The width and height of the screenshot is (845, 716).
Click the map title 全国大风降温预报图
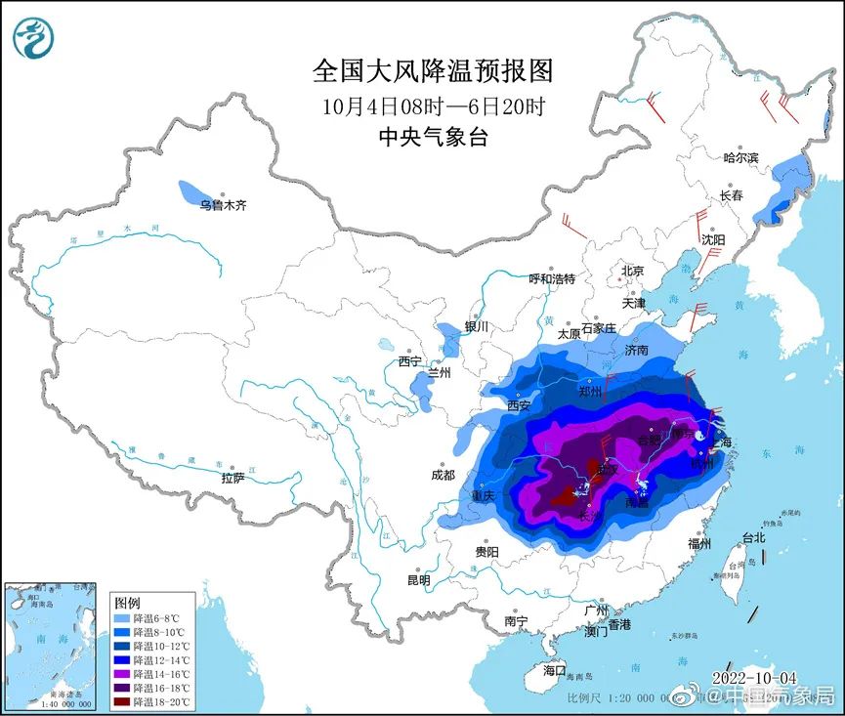tap(433, 71)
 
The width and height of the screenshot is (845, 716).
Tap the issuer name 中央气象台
tap(433, 138)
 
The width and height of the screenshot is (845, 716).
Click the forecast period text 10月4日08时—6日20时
tap(433, 105)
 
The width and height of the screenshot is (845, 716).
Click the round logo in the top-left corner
tap(33, 38)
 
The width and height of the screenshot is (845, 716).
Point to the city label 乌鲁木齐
tap(224, 206)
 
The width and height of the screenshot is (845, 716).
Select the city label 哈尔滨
tap(740, 157)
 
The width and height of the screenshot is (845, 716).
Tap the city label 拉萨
tap(232, 478)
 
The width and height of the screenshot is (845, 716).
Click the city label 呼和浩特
tap(552, 278)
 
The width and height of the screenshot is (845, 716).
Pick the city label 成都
tap(442, 475)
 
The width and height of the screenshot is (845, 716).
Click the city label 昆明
tap(418, 580)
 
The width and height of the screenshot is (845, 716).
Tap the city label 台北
tap(753, 537)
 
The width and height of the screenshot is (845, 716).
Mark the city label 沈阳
tap(712, 239)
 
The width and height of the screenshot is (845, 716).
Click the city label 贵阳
tap(486, 552)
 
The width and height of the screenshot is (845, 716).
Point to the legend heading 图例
tap(127, 603)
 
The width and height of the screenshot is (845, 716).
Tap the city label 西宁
tap(409, 361)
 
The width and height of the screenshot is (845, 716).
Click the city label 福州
tap(698, 543)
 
